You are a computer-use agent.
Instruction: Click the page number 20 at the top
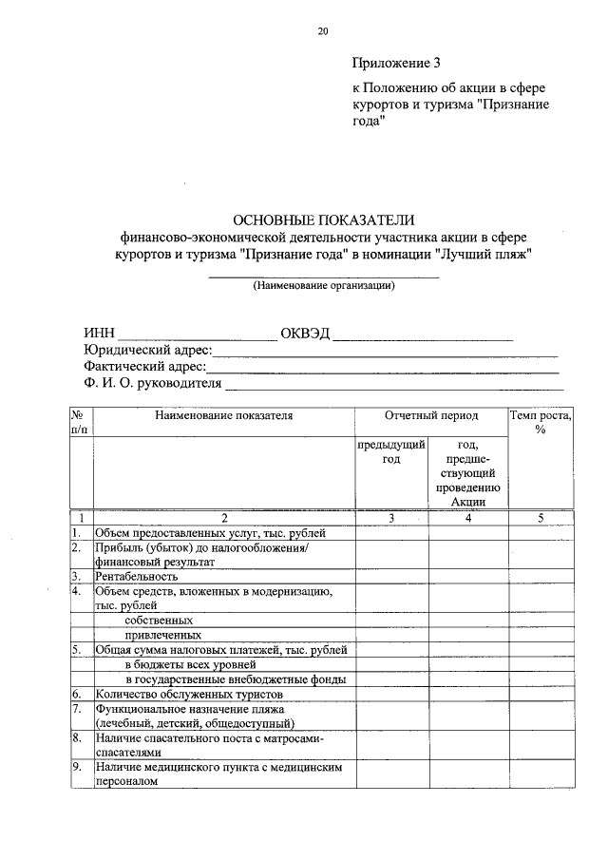pos(323,31)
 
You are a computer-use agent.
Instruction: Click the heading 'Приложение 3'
pos(396,65)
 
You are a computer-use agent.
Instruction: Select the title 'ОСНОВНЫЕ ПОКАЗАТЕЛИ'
pos(323,220)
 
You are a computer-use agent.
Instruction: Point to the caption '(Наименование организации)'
pos(323,285)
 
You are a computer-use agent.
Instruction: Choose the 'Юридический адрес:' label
pos(142,351)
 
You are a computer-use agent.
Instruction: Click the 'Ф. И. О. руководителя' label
pos(152,384)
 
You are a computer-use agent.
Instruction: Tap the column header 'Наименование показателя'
pos(224,415)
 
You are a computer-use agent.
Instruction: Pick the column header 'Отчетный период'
pos(431,415)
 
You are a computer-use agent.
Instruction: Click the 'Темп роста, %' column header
pos(541,422)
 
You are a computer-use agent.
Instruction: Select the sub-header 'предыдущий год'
pos(392,451)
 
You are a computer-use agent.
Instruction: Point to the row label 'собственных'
pos(157,620)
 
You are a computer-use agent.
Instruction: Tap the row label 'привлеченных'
pos(162,635)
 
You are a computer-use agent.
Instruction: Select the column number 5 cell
pos(541,518)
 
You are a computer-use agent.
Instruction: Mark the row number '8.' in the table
pos(76,737)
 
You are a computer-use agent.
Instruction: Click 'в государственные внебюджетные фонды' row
pos(235,678)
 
